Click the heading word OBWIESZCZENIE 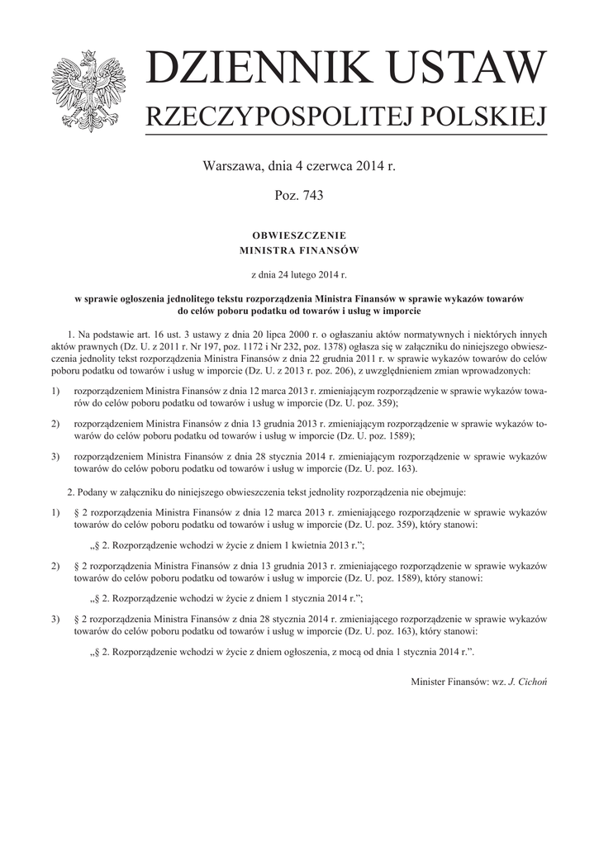point(299,235)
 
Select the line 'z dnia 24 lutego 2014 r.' point(299,272)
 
